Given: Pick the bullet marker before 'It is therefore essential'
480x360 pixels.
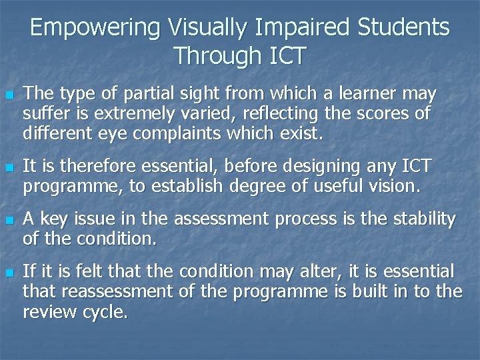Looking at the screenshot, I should click(x=9, y=166).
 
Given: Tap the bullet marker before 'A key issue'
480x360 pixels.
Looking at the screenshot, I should click(x=9, y=219).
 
